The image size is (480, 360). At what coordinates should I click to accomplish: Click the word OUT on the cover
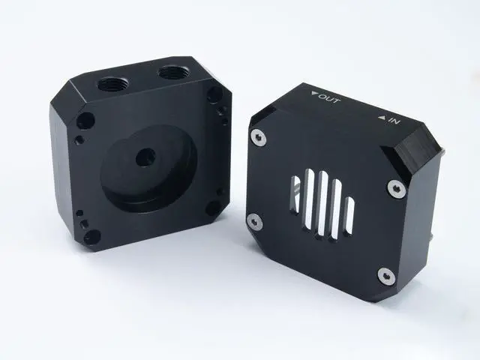(329, 99)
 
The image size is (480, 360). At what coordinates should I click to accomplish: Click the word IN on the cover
(394, 121)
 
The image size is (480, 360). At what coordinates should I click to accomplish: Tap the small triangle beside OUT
(314, 94)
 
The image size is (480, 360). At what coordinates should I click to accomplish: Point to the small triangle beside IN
(382, 117)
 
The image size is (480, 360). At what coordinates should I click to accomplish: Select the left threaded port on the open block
(113, 84)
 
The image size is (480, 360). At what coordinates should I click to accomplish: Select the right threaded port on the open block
(173, 73)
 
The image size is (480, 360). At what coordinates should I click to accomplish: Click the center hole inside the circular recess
(145, 157)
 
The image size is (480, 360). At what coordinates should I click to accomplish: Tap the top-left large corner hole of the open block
(85, 121)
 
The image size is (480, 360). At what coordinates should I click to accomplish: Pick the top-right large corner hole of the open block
(215, 94)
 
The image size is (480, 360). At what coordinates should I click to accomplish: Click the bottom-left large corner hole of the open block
(92, 237)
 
